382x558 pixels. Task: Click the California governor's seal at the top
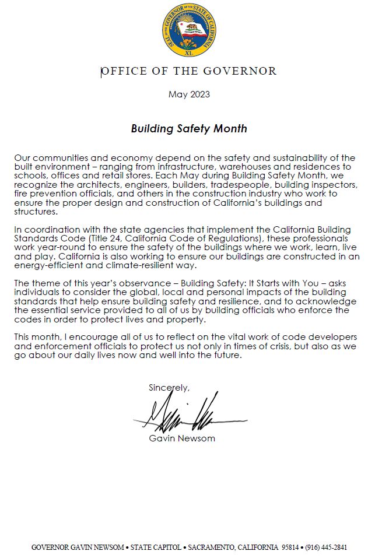pos(189,29)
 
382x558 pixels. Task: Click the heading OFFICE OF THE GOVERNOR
pos(189,72)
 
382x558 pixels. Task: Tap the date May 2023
pos(189,94)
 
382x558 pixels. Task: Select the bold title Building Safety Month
pos(189,129)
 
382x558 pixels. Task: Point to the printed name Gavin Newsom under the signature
pos(182,438)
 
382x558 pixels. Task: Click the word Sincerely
pos(169,388)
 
